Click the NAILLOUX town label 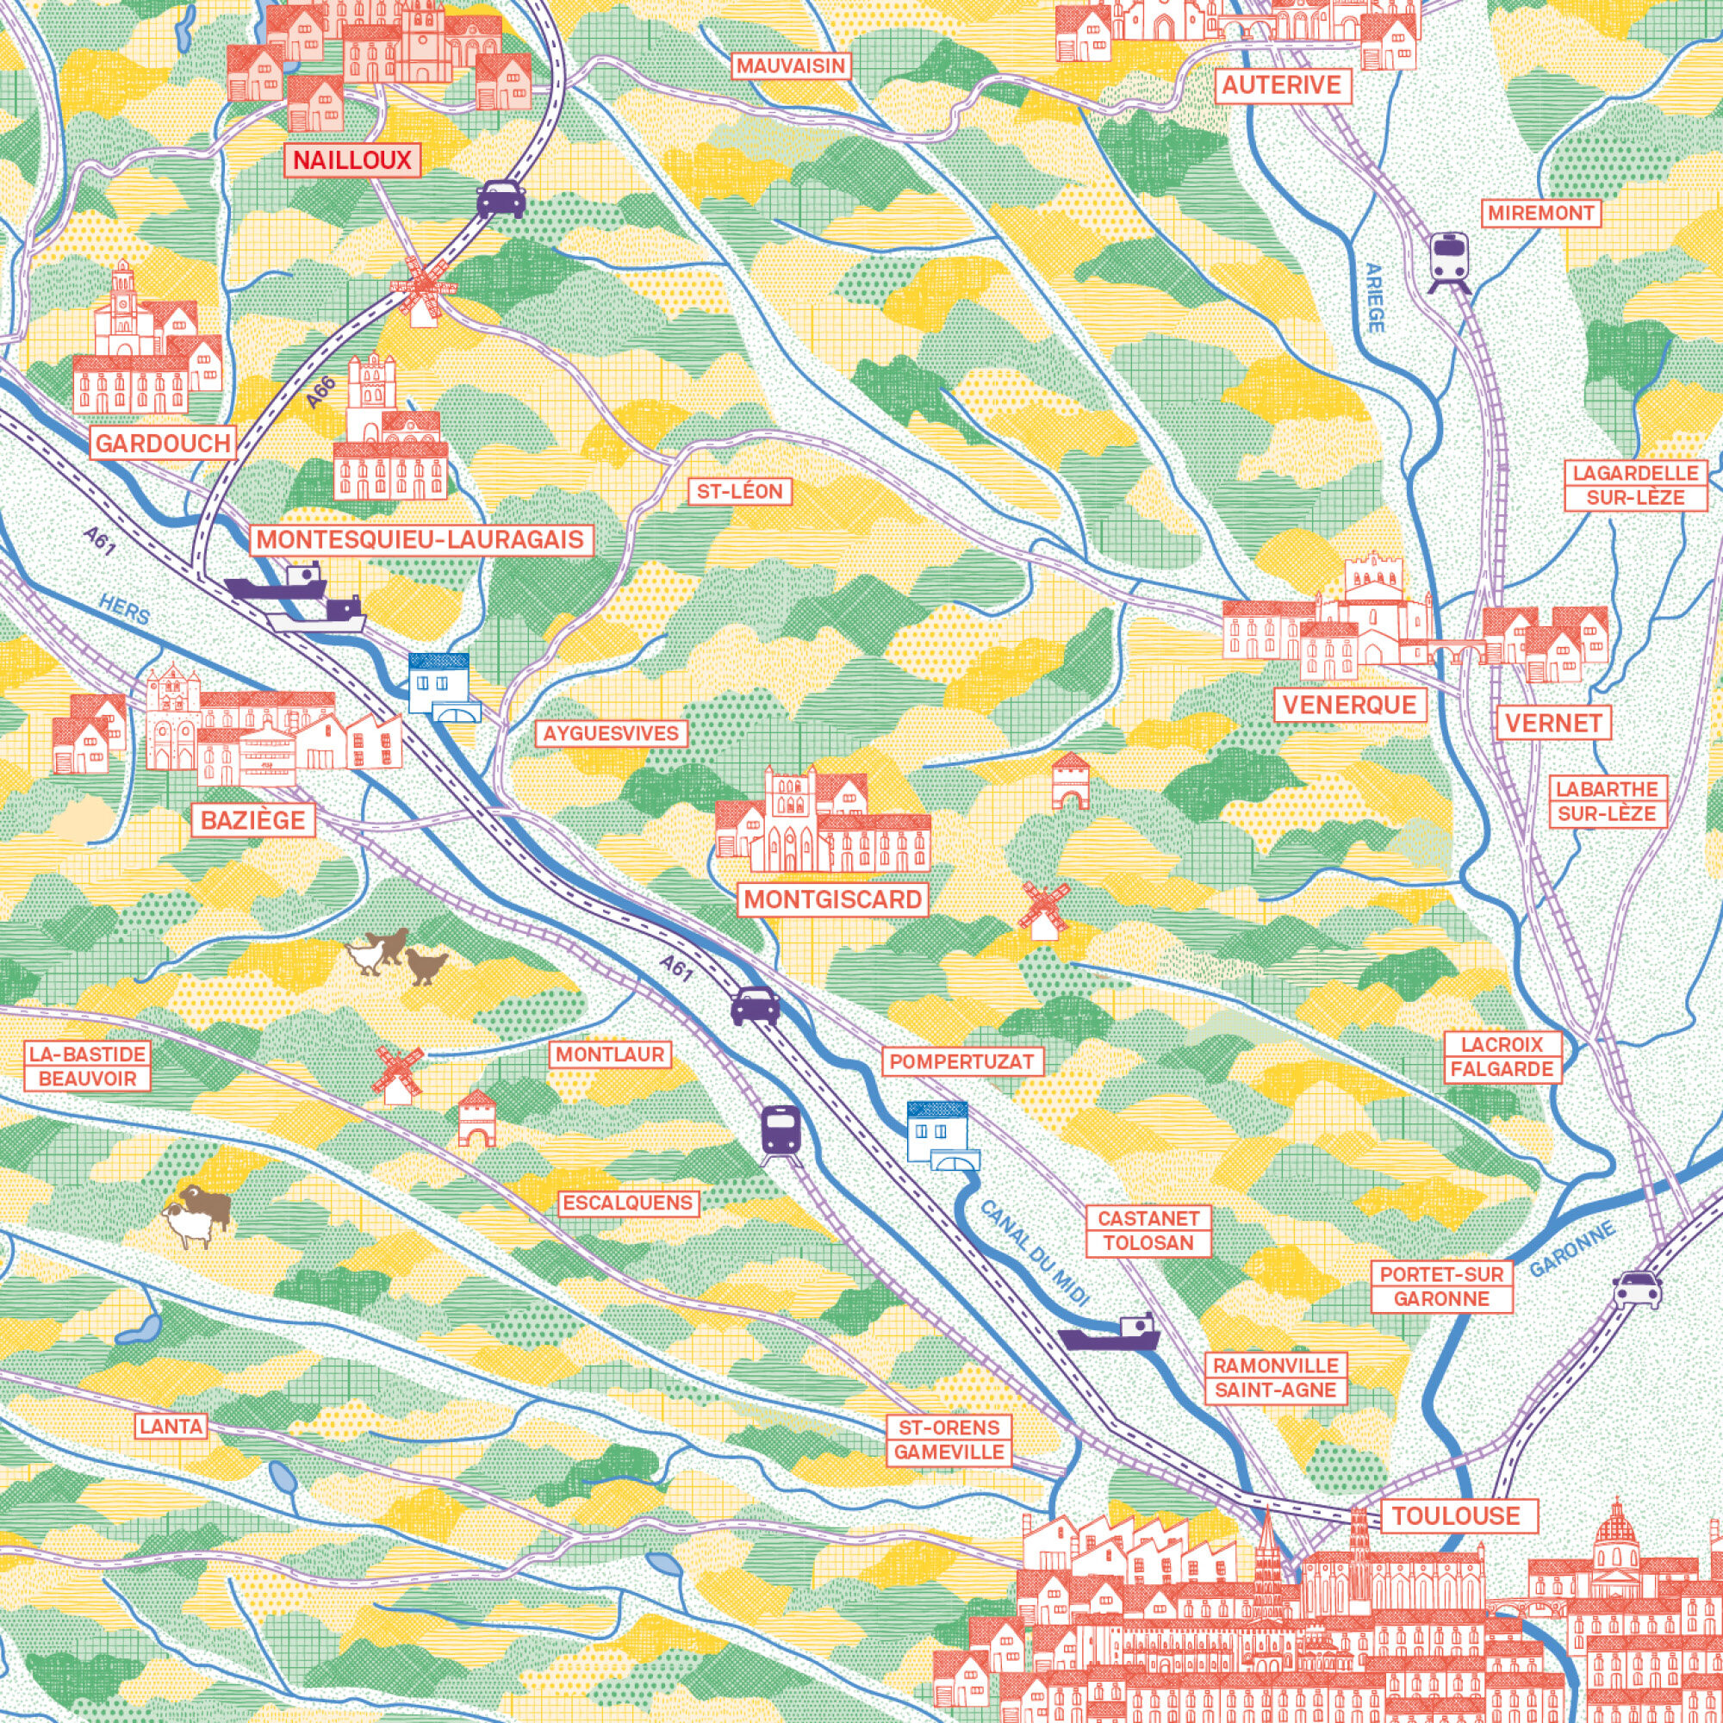352,160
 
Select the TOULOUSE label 1455,1515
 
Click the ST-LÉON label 739,490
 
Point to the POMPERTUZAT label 962,1061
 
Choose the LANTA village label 171,1426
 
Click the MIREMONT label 1540,213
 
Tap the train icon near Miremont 1449,260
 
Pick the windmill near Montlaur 397,1073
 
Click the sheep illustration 198,1215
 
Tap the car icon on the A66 501,199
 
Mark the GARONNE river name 1572,1249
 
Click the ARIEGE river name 1374,298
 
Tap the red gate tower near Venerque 1070,781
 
